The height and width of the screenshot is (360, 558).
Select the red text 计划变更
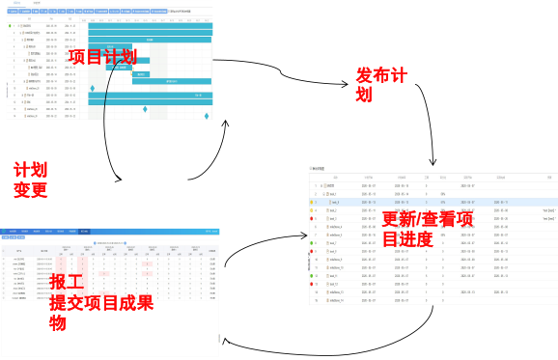tap(31, 180)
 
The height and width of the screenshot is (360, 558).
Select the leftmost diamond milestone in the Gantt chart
tap(93, 89)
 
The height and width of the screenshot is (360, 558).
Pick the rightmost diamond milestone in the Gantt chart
tap(207, 117)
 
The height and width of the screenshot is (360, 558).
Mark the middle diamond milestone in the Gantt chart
tap(145, 109)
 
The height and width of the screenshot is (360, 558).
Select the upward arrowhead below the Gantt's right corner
tap(229, 124)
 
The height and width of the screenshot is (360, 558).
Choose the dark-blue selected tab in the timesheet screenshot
tap(84, 232)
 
